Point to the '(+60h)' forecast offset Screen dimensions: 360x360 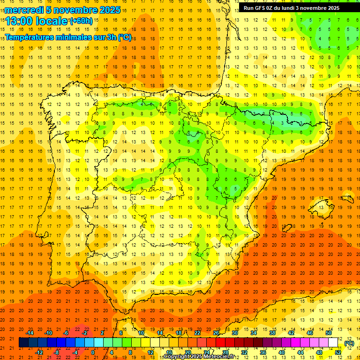pyautogui.click(x=81, y=21)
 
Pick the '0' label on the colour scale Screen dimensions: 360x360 pyautogui.click(x=93, y=352)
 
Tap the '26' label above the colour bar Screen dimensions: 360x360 pyautogui.click(x=216, y=333)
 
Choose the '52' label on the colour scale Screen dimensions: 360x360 pyautogui.click(x=337, y=352)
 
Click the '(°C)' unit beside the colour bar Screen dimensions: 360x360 pyautogui.click(x=349, y=343)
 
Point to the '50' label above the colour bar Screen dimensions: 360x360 pyautogui.click(x=329, y=333)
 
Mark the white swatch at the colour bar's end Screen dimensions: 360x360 pyautogui.click(x=333, y=343)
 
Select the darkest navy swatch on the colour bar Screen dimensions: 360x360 pyautogui.click(x=23, y=343)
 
